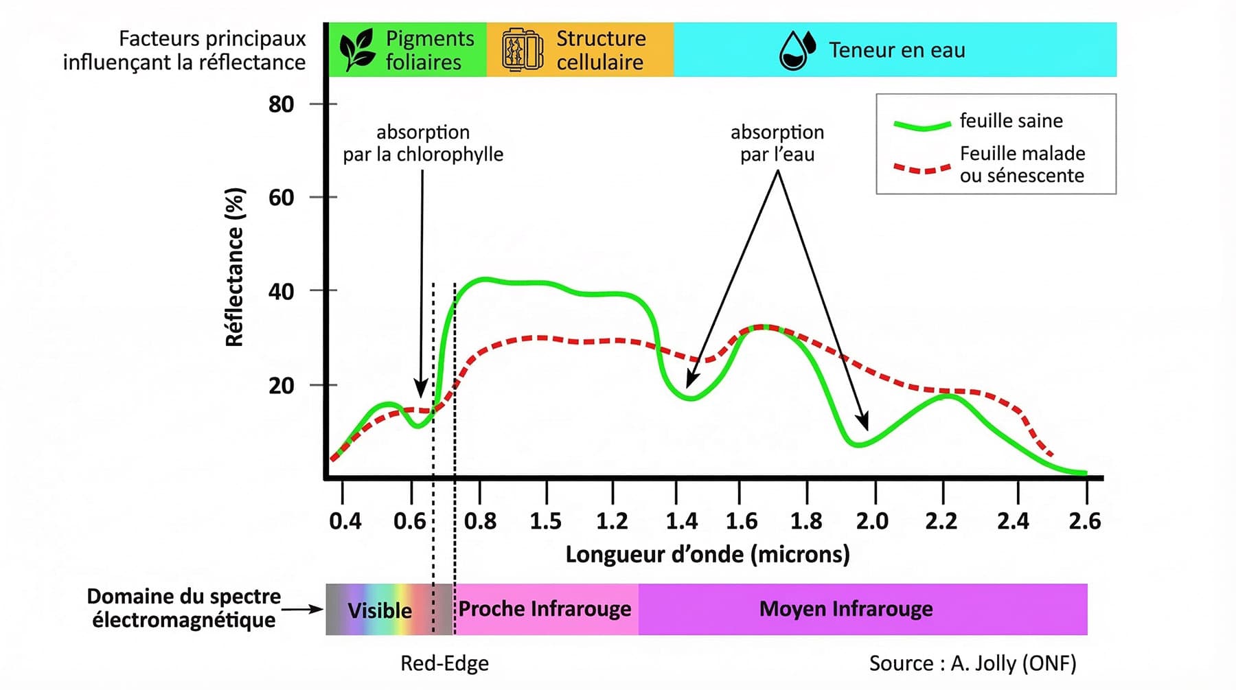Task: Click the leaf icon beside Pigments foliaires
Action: (357, 49)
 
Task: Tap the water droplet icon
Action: (797, 50)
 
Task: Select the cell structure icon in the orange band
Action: (523, 49)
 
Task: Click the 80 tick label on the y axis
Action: (281, 104)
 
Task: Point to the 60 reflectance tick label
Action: (281, 198)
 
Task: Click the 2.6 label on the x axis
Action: (1084, 521)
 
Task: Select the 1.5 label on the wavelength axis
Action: (545, 521)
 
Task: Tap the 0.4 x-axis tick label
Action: (345, 521)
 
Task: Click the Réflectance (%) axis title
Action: (235, 266)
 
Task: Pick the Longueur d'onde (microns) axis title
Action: (707, 554)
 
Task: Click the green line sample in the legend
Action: (922, 124)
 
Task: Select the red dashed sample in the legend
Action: (922, 168)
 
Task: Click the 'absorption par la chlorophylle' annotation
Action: (423, 143)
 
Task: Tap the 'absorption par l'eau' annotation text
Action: (777, 143)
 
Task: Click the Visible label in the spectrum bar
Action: (380, 610)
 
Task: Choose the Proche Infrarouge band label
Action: (545, 609)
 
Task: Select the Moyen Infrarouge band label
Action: (846, 609)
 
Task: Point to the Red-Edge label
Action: (444, 663)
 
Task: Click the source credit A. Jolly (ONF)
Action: (972, 663)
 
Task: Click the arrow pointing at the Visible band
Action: (302, 609)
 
